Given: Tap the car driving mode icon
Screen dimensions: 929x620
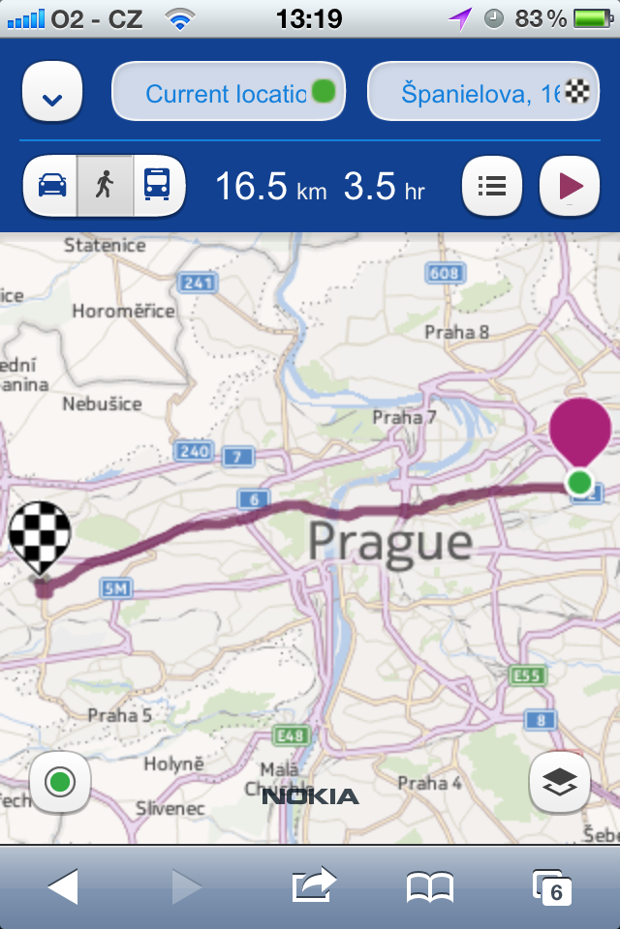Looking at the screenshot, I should click(x=52, y=184).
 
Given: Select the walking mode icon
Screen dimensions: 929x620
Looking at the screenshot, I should click(x=104, y=184).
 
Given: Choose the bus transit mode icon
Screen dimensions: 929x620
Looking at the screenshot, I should click(x=156, y=184).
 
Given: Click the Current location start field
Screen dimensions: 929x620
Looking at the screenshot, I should click(x=229, y=94).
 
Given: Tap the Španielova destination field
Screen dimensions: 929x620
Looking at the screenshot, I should click(x=482, y=94).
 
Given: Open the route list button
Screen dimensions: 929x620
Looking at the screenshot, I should click(x=492, y=185).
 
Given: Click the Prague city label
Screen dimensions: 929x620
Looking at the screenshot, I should click(x=389, y=542).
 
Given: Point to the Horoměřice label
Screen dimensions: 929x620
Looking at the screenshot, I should click(x=123, y=312).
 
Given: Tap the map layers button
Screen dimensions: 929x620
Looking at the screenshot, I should click(x=560, y=782).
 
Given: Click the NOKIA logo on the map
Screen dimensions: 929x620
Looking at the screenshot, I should click(x=310, y=796).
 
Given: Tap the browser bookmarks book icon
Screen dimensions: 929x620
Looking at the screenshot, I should click(x=430, y=886).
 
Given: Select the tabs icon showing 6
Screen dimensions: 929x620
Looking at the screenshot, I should click(x=552, y=886).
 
